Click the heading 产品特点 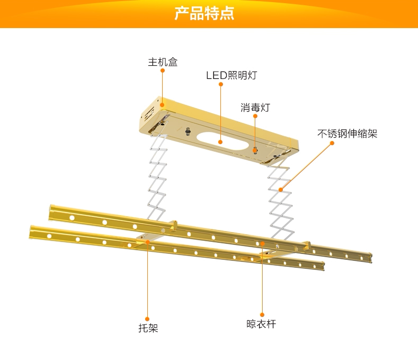(204, 13)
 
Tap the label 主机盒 (163, 62)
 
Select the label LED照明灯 (232, 75)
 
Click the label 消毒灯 (255, 108)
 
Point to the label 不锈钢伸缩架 (348, 134)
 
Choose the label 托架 (148, 328)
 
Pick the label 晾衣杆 (261, 324)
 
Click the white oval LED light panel (223, 141)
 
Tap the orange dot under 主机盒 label (163, 71)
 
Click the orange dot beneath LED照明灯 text (221, 84)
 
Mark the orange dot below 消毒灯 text (255, 116)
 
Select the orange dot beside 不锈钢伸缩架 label (332, 143)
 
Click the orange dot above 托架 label (147, 319)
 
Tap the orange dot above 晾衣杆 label (262, 315)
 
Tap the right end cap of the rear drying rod (370, 258)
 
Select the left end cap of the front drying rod (32, 232)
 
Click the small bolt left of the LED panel (189, 131)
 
